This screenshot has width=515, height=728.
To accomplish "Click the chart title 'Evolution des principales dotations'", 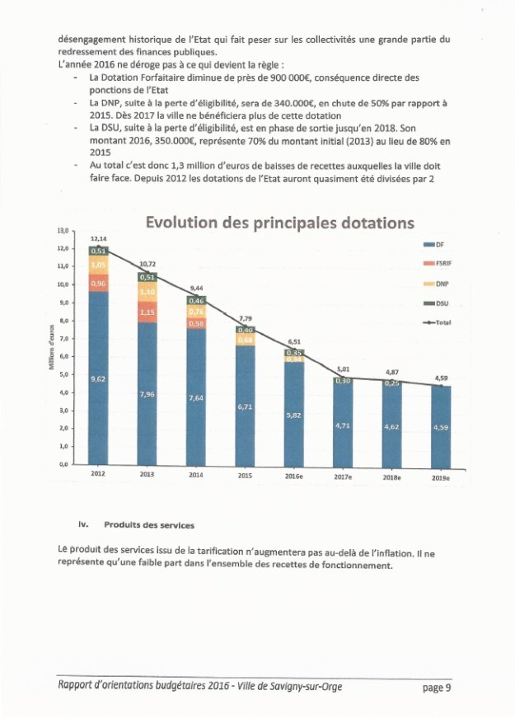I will pos(279,223).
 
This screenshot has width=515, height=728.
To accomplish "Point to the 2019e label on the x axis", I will pos(441,477).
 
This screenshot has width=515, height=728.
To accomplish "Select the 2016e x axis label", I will pos(294,476).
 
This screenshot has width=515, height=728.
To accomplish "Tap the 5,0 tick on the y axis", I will pos(63,374).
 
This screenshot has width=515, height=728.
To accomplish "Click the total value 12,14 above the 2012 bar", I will pos(98,238).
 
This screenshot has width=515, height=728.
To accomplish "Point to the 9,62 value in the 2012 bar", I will pos(98,378).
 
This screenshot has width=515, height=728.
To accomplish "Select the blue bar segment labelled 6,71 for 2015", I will pos(246,407).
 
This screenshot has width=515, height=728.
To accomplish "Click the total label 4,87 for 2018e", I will pos(392,373).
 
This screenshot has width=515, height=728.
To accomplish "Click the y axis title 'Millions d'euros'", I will pos(51,347).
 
